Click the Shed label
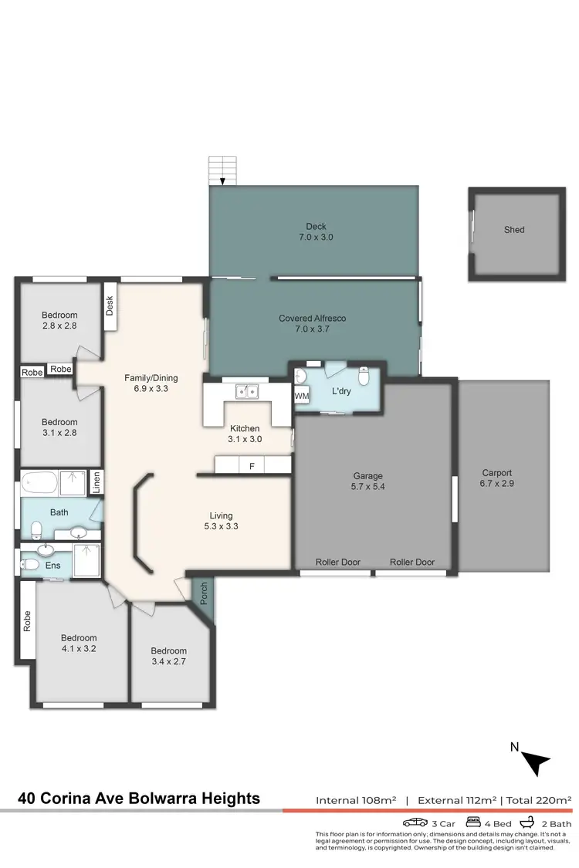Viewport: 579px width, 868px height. [514, 230]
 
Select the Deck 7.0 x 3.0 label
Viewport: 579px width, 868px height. [316, 232]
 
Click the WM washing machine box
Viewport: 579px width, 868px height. [300, 396]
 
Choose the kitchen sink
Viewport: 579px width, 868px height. [248, 392]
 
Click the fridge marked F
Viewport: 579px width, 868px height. [251, 466]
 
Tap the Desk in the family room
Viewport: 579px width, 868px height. [110, 307]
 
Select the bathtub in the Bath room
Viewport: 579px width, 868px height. [39, 483]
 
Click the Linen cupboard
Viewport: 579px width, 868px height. [96, 482]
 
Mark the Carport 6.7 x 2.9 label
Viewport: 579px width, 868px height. [496, 478]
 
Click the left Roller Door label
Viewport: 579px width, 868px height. [338, 562]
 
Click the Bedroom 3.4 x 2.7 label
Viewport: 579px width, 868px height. [168, 656]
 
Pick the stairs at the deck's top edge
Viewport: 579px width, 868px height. [223, 171]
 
